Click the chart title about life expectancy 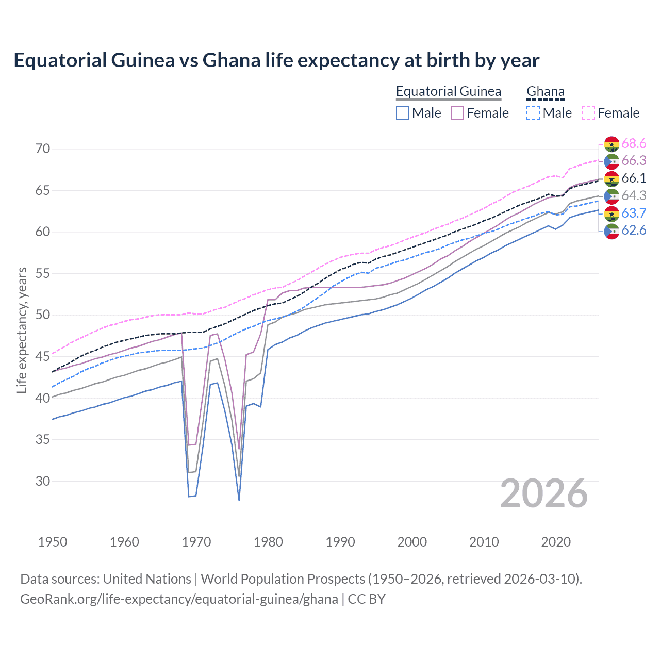coord(276,60)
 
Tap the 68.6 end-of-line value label coord(634,143)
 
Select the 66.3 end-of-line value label coord(634,161)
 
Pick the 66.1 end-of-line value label coord(634,178)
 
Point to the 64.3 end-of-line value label coord(634,195)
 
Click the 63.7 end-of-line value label coord(634,213)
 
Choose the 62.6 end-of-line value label coord(634,230)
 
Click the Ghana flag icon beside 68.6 coord(612,144)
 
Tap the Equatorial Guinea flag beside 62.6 coord(612,231)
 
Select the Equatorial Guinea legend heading coord(448,91)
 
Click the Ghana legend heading coord(545,91)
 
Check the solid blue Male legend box coord(403,113)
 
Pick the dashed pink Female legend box coord(588,113)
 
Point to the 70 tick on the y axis coord(43,148)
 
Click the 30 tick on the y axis coord(43,481)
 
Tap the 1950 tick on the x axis coord(53,542)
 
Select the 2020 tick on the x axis coord(556,542)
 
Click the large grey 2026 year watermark coord(543,493)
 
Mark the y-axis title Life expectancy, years coord(22,330)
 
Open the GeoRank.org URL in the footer coord(179,599)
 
